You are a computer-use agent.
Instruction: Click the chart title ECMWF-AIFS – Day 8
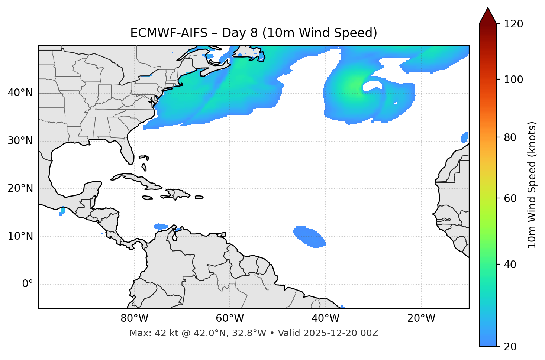pos(254,33)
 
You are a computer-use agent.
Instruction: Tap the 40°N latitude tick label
pos(20,93)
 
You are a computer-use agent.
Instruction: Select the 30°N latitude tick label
pos(20,141)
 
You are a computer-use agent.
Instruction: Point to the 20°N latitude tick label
pos(20,188)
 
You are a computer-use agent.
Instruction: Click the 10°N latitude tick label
pos(20,236)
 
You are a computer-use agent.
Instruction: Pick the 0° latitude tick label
pos(28,284)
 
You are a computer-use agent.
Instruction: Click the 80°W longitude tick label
pos(134,318)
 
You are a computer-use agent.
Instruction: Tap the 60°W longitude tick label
pos(230,318)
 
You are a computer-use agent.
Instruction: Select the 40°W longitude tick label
pos(325,318)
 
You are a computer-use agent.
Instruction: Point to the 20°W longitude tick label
pos(421,318)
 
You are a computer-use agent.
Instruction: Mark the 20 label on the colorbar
pos(510,347)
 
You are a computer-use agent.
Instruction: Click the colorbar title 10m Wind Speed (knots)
pos(532,185)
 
